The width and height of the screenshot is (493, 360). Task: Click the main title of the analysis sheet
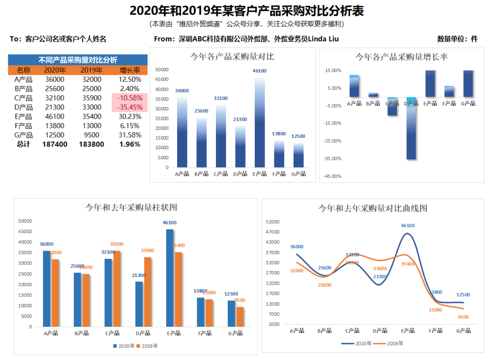coord(246,10)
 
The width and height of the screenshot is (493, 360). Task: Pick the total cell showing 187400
coord(55,144)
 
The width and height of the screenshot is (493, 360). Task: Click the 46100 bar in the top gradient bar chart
coord(259,121)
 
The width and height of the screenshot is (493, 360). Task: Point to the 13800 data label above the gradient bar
coord(279,134)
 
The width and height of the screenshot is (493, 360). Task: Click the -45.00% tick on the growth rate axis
coord(332,176)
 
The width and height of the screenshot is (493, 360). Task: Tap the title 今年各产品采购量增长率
coord(401,57)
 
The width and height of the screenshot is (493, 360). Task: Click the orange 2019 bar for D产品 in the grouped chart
coord(147,292)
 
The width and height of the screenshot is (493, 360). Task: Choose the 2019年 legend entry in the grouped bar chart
coord(147,346)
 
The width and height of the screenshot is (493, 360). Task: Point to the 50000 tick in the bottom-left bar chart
coord(25,220)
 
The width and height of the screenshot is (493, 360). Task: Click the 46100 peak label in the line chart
coord(408,225)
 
